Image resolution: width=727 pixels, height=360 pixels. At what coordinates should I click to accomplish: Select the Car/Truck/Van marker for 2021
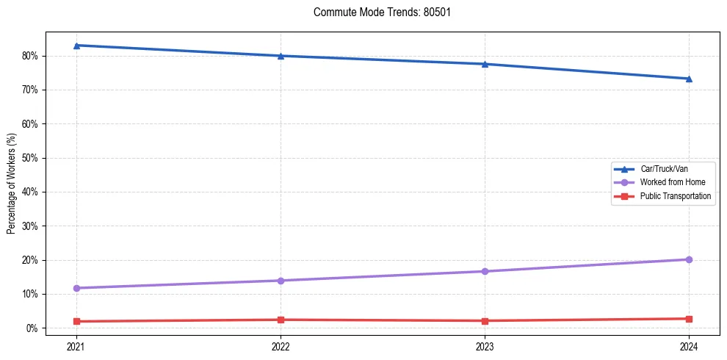[76, 46]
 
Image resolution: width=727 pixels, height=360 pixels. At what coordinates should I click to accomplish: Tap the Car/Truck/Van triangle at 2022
[281, 56]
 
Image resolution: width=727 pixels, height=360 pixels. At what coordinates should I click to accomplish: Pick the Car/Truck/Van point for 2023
[485, 64]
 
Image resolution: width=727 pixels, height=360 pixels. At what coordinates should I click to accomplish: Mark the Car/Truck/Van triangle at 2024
[689, 79]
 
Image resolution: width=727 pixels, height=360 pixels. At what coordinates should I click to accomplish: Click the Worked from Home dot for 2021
[76, 288]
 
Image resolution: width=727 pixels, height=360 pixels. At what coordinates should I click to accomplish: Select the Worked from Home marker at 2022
[281, 281]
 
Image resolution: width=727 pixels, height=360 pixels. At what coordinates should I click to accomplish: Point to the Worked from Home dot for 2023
[485, 271]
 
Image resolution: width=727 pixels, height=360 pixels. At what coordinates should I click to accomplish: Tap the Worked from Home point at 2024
[689, 259]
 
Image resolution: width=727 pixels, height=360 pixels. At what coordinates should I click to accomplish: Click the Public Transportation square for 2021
[76, 321]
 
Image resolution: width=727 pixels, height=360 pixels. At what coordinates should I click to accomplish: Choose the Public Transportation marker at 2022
[281, 320]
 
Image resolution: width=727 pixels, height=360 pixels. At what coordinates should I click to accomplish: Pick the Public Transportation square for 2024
[689, 319]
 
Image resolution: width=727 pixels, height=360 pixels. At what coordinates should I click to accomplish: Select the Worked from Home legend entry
[668, 182]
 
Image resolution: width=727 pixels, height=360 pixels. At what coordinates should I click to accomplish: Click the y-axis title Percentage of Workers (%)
[11, 184]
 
